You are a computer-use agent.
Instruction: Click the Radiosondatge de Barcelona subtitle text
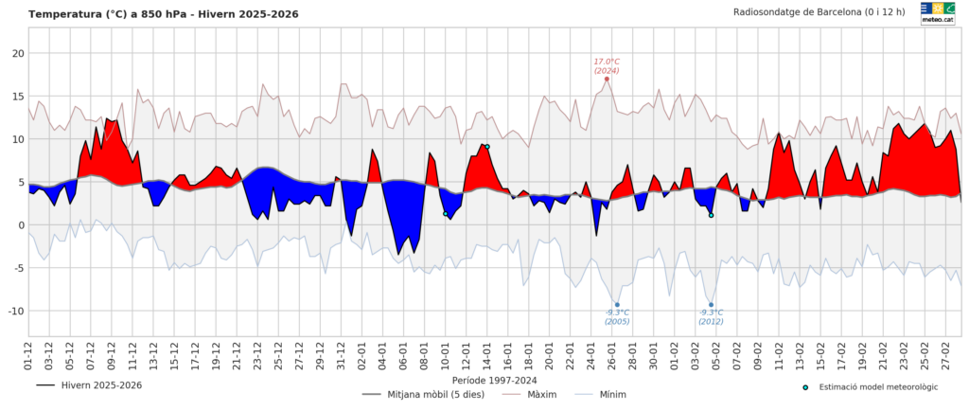tap(819, 12)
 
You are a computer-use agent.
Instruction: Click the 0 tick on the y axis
tap(20, 224)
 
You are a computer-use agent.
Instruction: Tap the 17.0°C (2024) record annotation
tap(607, 65)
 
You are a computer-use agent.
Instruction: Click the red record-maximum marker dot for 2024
tap(607, 79)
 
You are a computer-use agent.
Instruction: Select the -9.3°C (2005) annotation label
tap(617, 316)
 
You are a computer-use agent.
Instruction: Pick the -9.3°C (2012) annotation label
tap(711, 316)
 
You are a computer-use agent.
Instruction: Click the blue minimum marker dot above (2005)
tap(617, 304)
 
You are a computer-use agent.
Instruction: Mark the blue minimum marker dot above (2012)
tap(711, 304)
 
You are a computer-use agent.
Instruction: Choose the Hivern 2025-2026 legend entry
tap(89, 385)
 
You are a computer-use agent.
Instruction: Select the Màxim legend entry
tap(543, 394)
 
